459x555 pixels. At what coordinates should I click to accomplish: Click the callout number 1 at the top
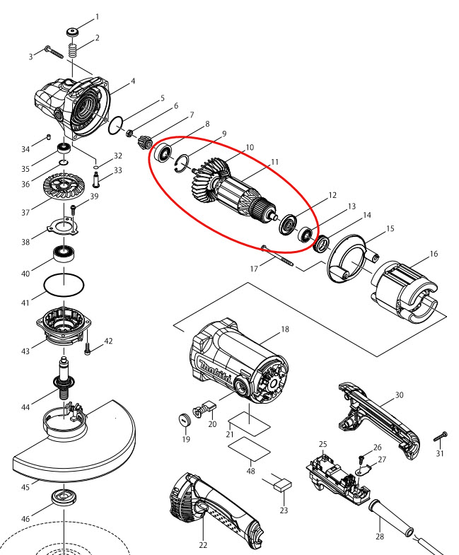pos(97,16)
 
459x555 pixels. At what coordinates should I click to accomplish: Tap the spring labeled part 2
pos(71,52)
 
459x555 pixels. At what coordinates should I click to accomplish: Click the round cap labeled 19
pos(184,420)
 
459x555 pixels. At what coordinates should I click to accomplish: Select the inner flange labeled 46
pos(64,496)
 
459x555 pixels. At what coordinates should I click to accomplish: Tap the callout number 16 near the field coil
pos(434,252)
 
